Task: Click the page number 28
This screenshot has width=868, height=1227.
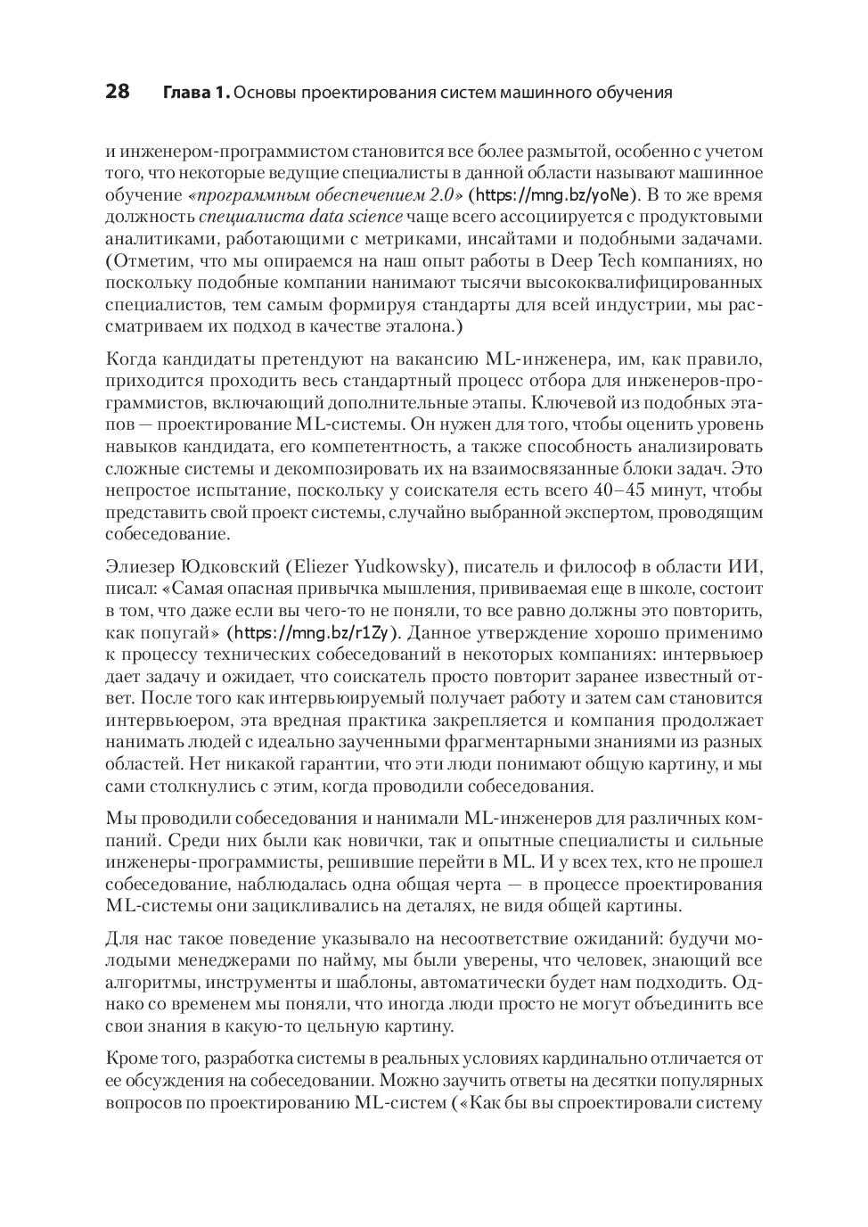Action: (x=118, y=92)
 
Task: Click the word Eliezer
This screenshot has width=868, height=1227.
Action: (x=321, y=567)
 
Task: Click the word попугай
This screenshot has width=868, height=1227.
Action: (x=182, y=633)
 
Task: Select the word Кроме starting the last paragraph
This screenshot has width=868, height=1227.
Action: (x=130, y=1058)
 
